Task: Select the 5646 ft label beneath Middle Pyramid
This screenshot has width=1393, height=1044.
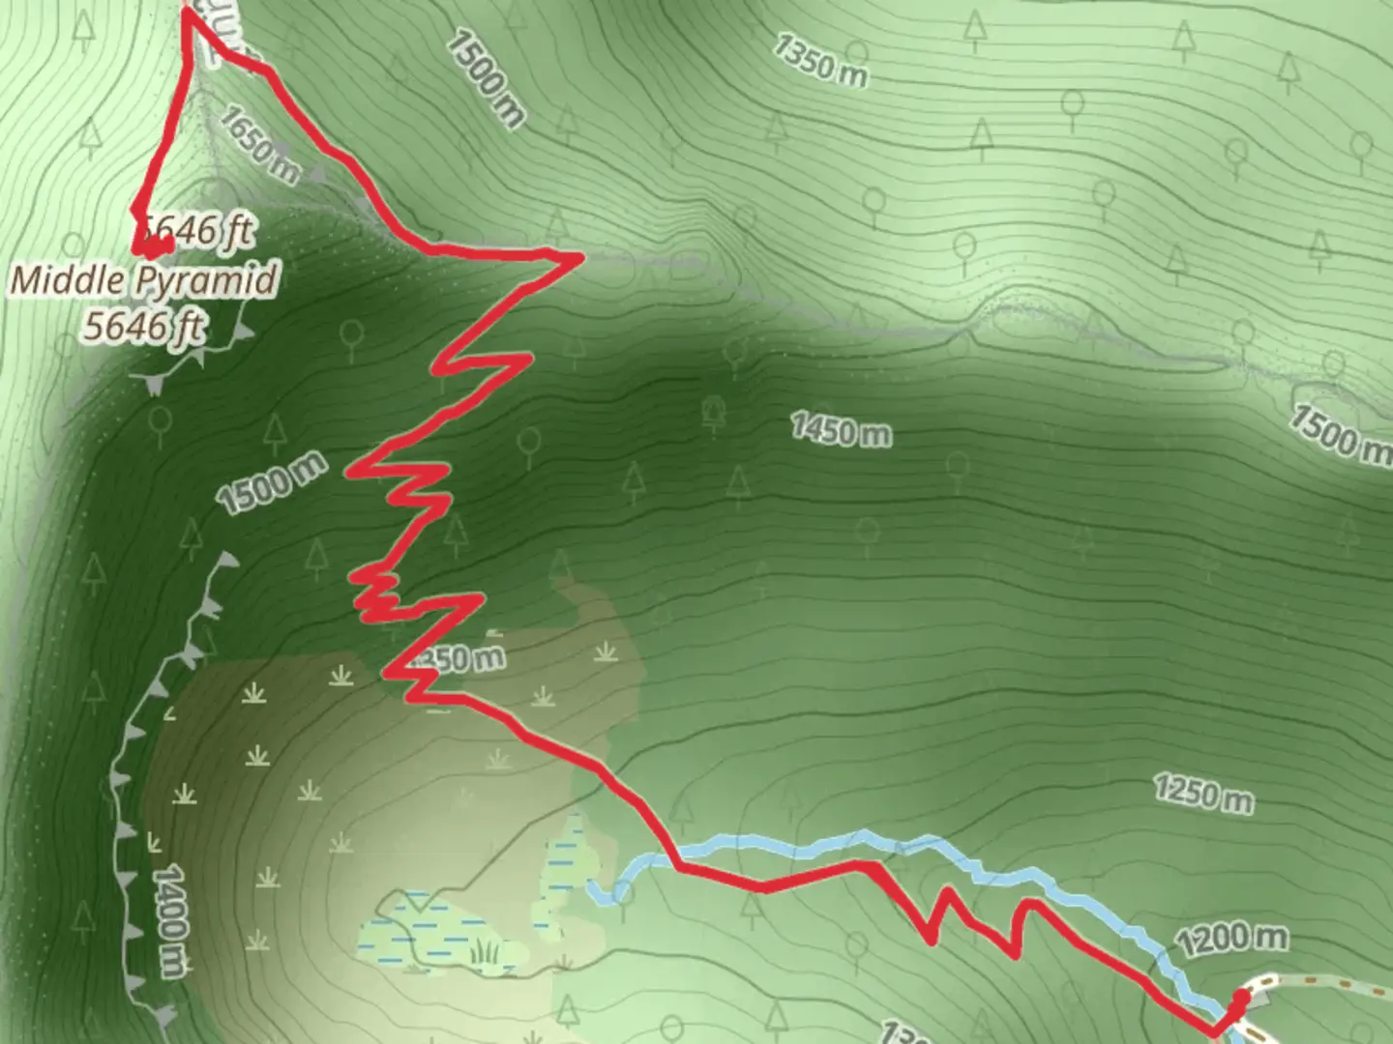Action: [x=143, y=327]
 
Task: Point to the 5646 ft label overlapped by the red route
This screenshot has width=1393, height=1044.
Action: [x=199, y=231]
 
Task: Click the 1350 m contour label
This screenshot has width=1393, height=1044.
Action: [x=820, y=60]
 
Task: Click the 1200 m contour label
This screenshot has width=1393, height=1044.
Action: [x=1232, y=939]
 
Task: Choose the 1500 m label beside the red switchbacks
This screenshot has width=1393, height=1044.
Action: [x=271, y=484]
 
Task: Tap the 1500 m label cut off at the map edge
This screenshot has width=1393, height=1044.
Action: [x=1340, y=430]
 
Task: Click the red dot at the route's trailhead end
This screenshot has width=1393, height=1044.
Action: [x=1239, y=997]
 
